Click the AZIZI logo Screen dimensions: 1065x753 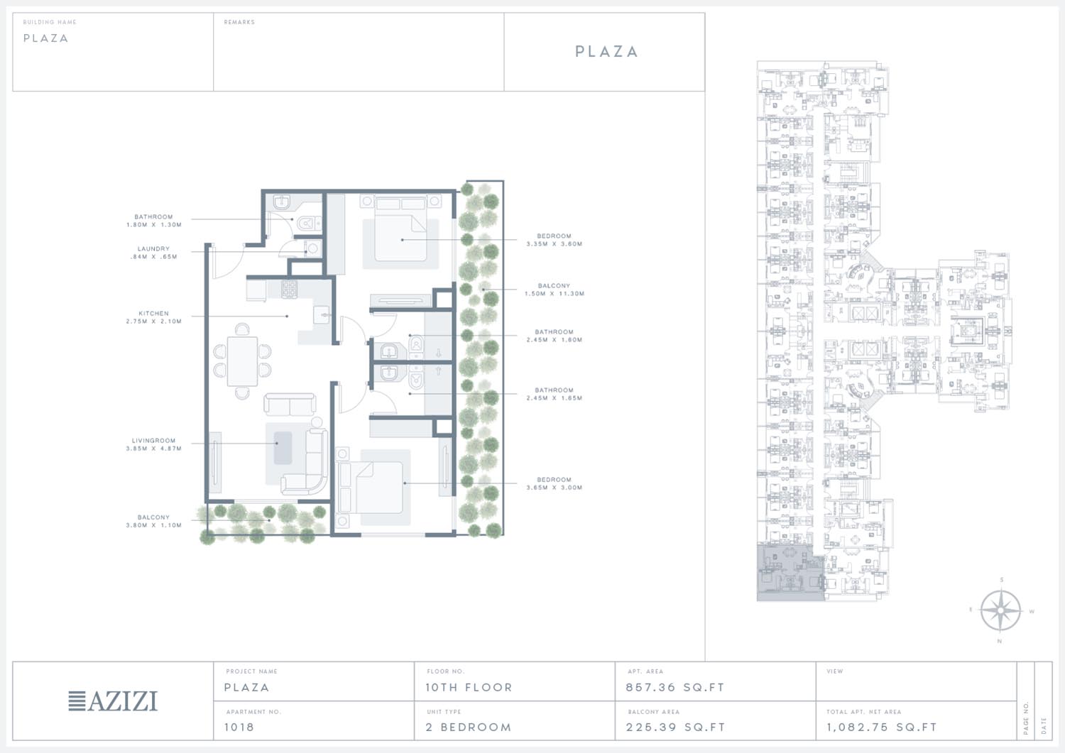(x=113, y=701)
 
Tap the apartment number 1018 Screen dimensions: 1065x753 (x=239, y=727)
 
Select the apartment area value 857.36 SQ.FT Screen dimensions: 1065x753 (x=675, y=688)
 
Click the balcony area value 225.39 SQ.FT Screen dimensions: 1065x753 (x=676, y=727)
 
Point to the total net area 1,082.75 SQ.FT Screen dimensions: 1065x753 (x=882, y=727)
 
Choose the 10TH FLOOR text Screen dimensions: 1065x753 (x=469, y=688)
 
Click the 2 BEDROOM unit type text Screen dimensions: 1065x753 (x=469, y=727)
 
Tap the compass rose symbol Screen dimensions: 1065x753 (x=1001, y=610)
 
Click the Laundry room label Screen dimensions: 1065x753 (x=153, y=253)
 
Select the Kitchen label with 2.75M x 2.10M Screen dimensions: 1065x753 (x=153, y=317)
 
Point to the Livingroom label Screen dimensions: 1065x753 (x=153, y=444)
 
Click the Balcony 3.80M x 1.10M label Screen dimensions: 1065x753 (x=153, y=521)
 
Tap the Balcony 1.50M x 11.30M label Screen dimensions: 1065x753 (x=555, y=290)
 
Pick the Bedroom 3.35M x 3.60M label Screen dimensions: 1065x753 (x=555, y=240)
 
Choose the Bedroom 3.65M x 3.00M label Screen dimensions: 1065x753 (x=555, y=483)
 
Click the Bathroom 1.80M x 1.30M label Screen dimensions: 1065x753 (x=153, y=221)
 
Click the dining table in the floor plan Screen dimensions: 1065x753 (x=243, y=361)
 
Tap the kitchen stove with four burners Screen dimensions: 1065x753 (x=289, y=289)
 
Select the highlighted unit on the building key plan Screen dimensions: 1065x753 (x=790, y=573)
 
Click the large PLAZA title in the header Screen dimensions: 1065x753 (x=606, y=51)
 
